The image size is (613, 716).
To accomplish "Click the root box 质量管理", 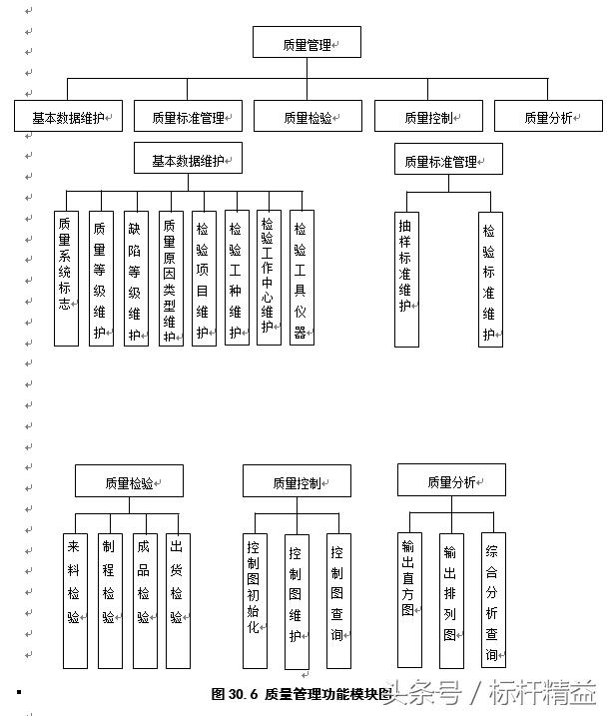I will [306, 43].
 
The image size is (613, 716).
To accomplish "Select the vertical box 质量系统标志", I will [66, 278].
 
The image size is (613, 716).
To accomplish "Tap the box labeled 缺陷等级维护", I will [136, 278].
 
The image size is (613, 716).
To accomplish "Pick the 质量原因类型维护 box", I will [171, 278].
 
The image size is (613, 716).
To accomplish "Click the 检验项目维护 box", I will [204, 278].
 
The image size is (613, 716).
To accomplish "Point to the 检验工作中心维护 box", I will [269, 278].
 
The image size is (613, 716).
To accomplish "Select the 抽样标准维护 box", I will [406, 279].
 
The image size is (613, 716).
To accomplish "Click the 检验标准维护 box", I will [490, 279].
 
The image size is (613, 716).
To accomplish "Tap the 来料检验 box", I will [75, 599].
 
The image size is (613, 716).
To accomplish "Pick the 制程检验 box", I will [109, 599].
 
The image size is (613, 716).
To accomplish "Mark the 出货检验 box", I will [178, 599].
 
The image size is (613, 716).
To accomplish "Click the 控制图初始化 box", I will [255, 600].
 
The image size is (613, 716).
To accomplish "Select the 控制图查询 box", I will [338, 600].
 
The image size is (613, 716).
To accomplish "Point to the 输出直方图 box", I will [409, 599].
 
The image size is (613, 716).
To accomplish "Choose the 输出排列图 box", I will [451, 600].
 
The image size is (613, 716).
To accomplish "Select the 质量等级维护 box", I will [101, 278].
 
